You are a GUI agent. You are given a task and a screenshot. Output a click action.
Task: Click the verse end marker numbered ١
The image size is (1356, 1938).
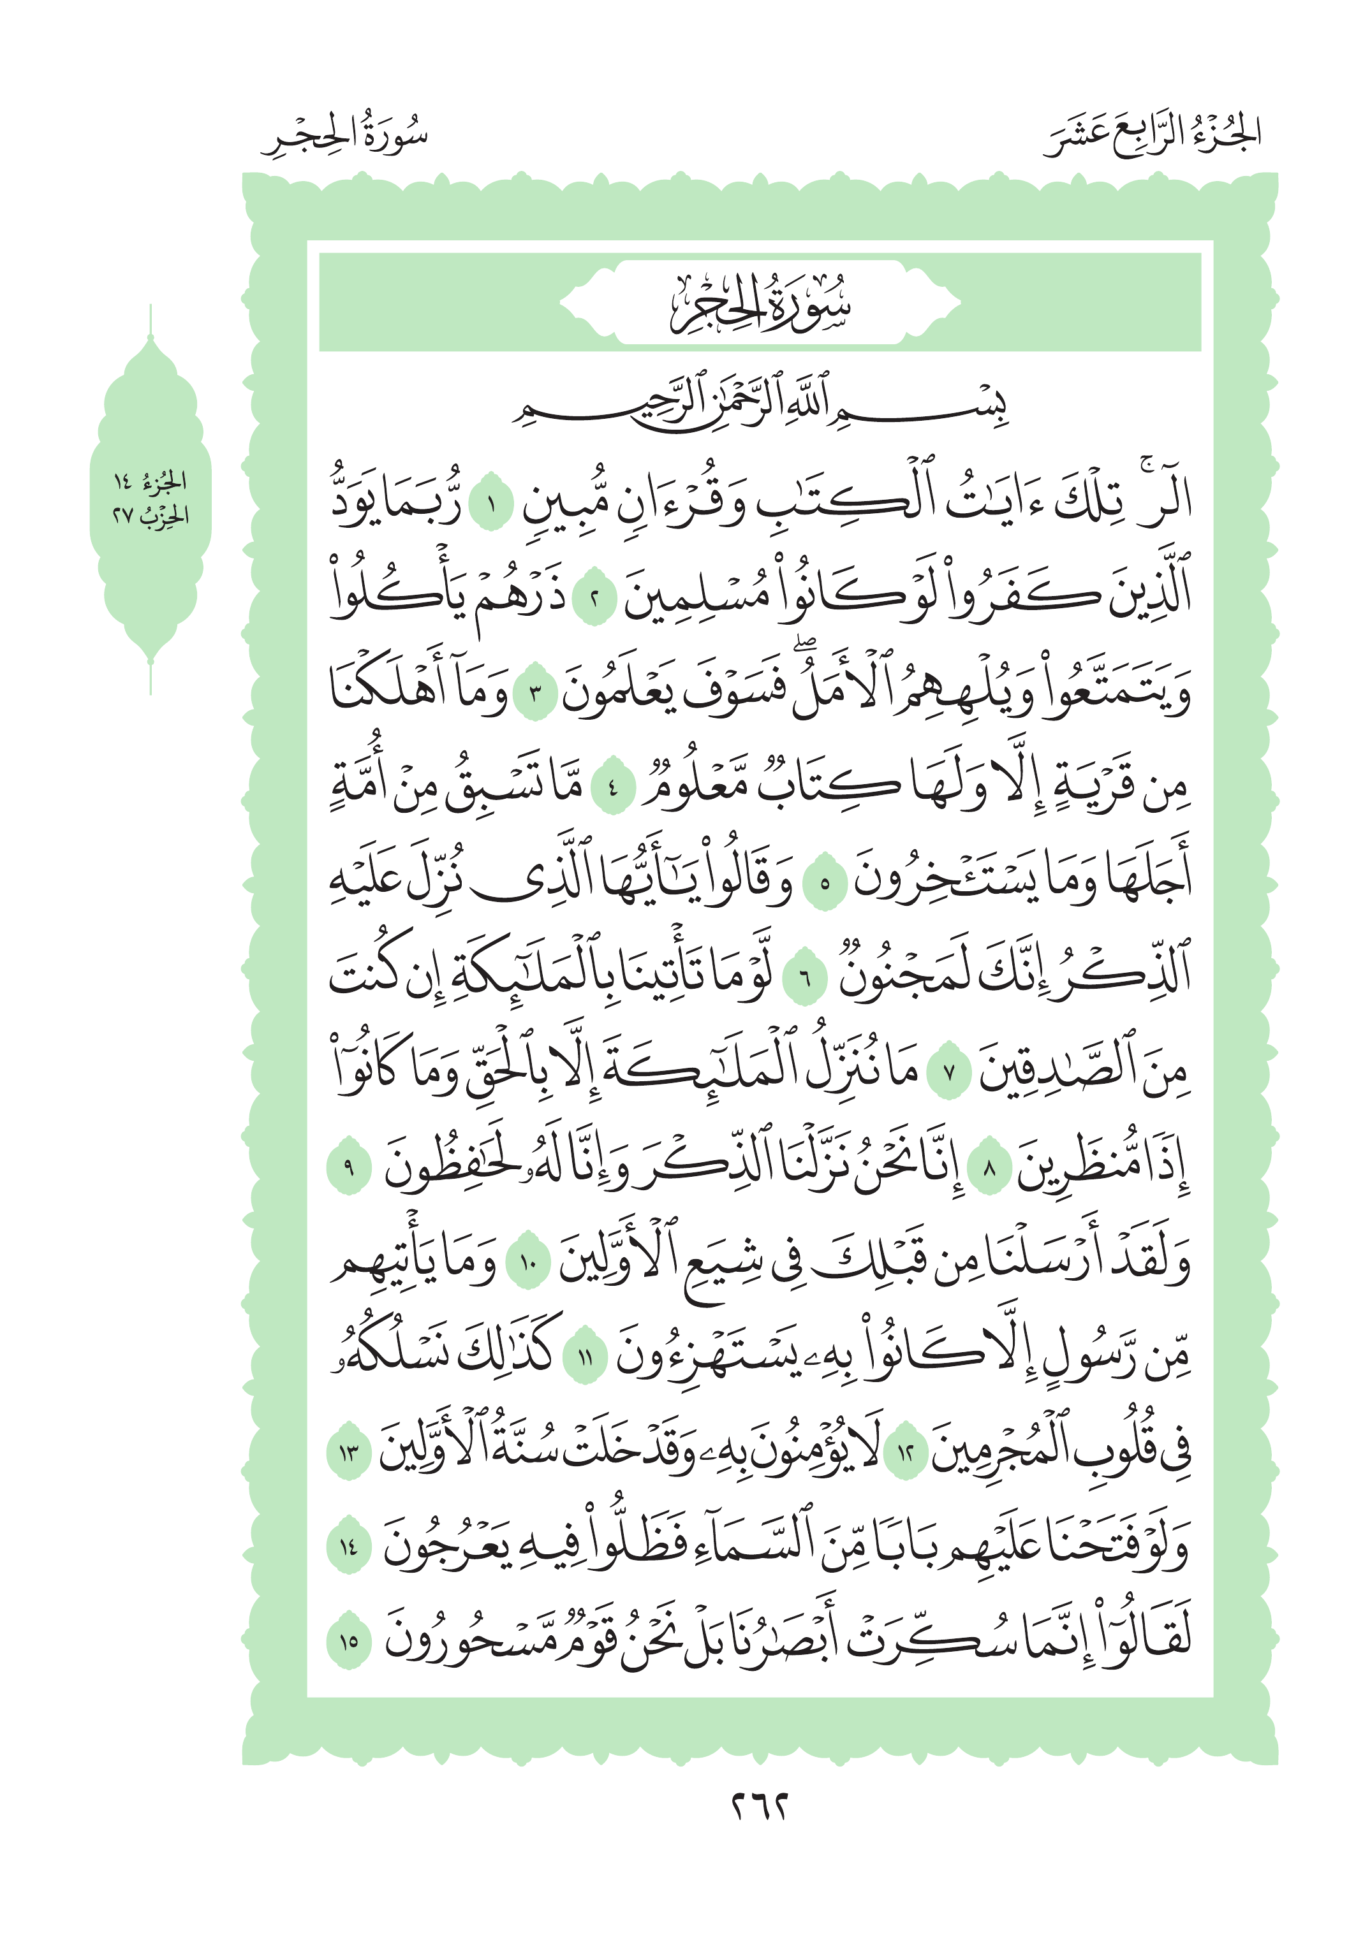490,508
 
